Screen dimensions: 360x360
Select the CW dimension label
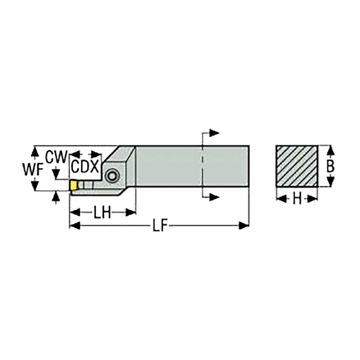coord(57,157)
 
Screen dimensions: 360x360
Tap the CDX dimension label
coord(85,167)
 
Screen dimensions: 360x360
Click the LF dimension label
coord(159,226)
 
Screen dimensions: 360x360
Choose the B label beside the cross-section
coord(330,166)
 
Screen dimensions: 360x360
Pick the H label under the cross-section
coord(297,198)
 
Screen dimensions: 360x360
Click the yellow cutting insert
coord(74,185)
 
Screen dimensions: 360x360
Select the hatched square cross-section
coord(297,166)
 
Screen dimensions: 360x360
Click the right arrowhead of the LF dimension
coord(244,226)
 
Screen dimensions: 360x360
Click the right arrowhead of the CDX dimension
coord(96,154)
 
